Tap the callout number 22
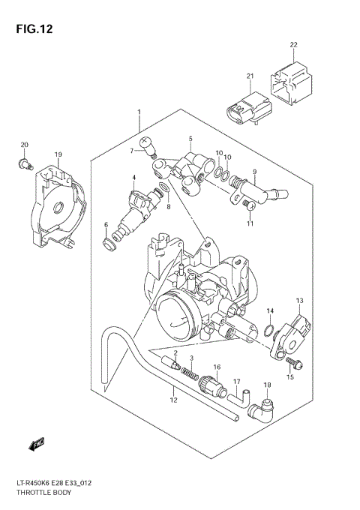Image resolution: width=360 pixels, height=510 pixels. coord(293,45)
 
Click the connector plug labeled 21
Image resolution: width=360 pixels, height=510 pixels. coord(247,108)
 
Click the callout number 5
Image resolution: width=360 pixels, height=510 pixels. coord(190,139)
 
